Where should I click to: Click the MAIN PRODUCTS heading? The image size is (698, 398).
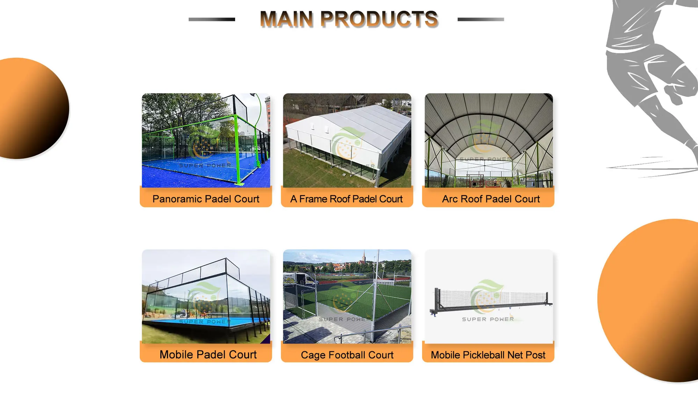click(x=349, y=19)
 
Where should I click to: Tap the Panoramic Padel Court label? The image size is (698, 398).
click(x=206, y=199)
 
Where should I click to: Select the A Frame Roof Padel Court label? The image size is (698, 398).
click(x=347, y=199)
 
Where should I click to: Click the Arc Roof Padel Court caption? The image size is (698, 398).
click(x=491, y=199)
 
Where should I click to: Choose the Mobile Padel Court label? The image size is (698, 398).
click(x=208, y=354)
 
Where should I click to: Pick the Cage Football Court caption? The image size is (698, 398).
click(x=347, y=355)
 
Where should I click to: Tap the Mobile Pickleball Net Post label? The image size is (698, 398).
click(x=488, y=355)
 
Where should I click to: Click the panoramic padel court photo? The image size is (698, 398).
click(x=206, y=140)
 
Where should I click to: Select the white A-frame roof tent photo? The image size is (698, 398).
click(x=347, y=140)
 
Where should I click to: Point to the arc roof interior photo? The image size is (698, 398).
click(x=489, y=140)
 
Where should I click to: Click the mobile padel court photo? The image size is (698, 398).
click(x=206, y=296)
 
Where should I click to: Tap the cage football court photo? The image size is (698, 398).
click(x=347, y=296)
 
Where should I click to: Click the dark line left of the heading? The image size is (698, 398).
click(x=212, y=19)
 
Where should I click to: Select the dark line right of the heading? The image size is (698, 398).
click(x=481, y=19)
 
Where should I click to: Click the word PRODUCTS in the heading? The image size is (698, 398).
click(x=379, y=19)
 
